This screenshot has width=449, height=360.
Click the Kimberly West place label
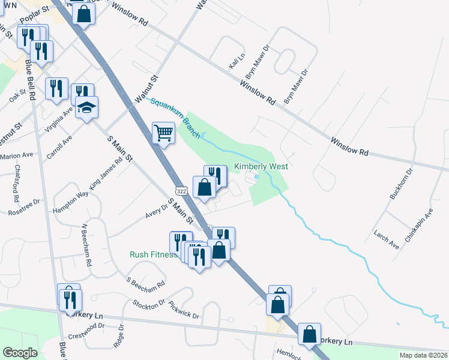pos(261,167)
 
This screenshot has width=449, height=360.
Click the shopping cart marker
pos(163,133)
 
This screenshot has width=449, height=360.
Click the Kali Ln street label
pos(237,61)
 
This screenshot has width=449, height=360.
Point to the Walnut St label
pos(146,88)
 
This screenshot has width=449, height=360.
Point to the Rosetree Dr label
pos(24,206)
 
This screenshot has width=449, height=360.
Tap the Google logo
pos(20,352)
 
